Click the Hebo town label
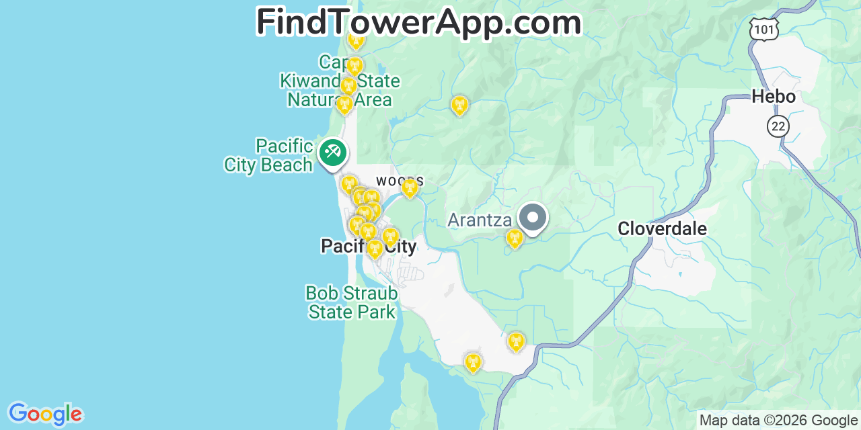pos(773,97)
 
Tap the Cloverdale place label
pos(662,229)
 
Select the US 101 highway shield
pos(763,28)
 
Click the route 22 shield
pos(778,126)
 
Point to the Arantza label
pos(480,220)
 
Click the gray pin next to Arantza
pos(533,218)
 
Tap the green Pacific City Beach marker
pos(332,152)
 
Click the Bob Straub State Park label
pos(351,303)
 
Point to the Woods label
pos(399,181)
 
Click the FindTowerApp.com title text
pos(418,22)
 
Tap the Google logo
pos(45,414)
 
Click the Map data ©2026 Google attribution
pos(778,421)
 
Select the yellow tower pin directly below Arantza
pos(515,239)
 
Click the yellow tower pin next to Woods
pos(410,188)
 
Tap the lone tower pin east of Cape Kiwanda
pos(459,105)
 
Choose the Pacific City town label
pos(369,247)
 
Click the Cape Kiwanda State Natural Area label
pos(340,82)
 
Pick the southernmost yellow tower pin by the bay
pos(473,363)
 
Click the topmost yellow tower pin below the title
pos(356,40)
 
